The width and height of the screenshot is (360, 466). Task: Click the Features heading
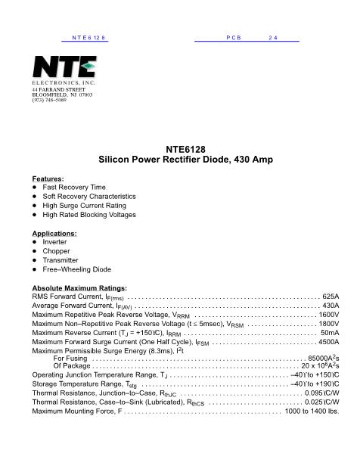[x=48, y=179]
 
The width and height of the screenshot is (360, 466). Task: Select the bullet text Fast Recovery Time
[x=74, y=187]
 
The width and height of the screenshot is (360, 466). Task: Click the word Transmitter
[x=62, y=259]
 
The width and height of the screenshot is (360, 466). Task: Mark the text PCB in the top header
[x=233, y=37]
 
